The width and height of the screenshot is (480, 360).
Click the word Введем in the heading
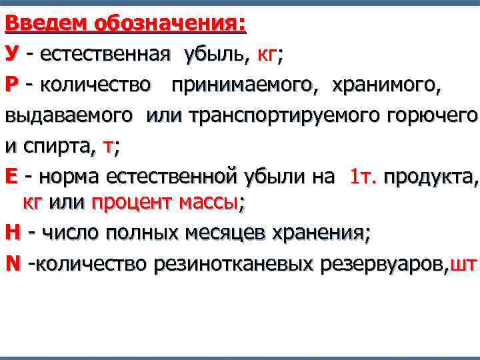click(x=47, y=24)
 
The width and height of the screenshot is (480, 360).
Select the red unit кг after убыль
click(x=267, y=55)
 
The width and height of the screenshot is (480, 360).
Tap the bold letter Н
click(x=13, y=233)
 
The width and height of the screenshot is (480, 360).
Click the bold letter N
click(x=13, y=263)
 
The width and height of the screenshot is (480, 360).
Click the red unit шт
click(x=463, y=264)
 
